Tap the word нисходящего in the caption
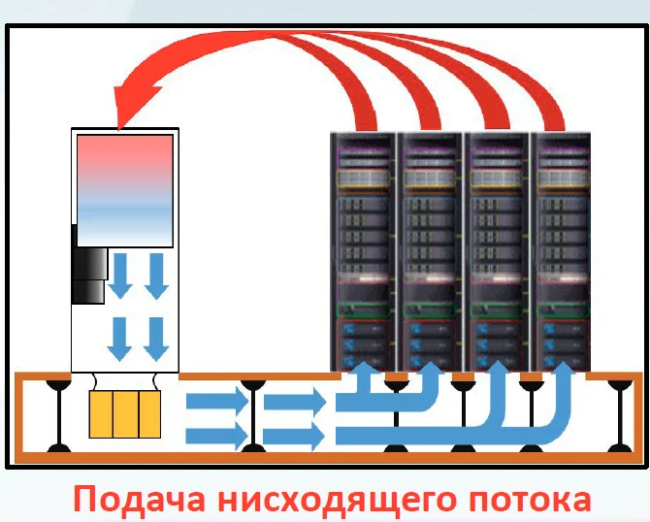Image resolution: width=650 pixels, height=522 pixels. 325,500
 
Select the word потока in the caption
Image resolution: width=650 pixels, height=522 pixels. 524,500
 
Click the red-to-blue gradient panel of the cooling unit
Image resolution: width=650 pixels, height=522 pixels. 124,188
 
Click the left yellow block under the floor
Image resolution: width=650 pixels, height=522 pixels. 100,414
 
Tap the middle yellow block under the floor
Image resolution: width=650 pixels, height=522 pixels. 124,414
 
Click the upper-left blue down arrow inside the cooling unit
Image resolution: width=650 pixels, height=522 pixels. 121,275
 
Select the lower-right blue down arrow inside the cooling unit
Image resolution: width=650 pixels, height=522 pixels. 156,338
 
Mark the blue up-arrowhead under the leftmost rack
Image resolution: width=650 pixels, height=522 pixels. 363,371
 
